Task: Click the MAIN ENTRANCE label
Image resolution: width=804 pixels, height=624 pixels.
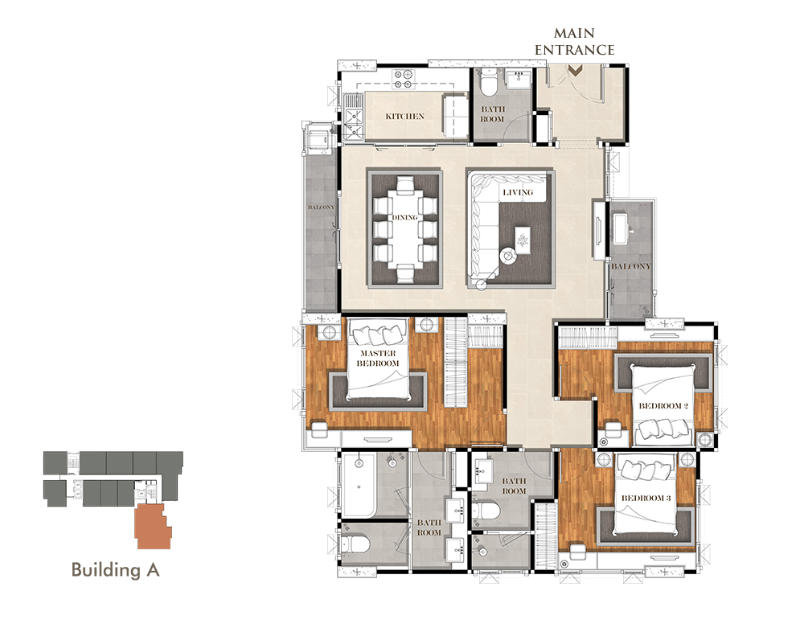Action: pos(574,42)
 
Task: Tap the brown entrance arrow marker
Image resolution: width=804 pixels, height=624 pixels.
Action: pos(576,71)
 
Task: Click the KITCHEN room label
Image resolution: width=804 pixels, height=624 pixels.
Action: pos(405,117)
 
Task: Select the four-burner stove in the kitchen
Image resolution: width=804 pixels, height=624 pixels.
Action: pos(403,79)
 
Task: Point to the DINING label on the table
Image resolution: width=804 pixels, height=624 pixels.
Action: pos(404,217)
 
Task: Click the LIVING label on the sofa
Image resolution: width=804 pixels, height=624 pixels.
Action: pos(518,192)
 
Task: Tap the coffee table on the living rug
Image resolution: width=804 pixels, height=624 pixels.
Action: pos(523,240)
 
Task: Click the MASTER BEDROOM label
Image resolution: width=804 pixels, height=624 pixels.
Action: pos(378,358)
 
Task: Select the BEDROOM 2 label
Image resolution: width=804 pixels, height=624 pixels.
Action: pos(663,405)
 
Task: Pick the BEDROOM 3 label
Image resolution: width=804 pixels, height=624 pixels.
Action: pos(646,498)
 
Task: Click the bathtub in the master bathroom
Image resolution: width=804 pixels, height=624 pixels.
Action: pos(359,485)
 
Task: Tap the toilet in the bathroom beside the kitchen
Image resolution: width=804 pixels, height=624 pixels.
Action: pos(489,84)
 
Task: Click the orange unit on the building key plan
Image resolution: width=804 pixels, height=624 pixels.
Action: pos(154,527)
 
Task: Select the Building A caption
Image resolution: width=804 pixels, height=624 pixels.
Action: pos(115,569)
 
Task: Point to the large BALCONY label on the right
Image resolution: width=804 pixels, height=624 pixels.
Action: pos(630,266)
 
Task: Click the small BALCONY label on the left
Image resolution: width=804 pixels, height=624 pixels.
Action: pos(321,207)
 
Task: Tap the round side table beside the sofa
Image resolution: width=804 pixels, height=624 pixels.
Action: pos(508,255)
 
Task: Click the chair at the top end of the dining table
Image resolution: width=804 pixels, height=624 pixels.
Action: pos(405,183)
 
